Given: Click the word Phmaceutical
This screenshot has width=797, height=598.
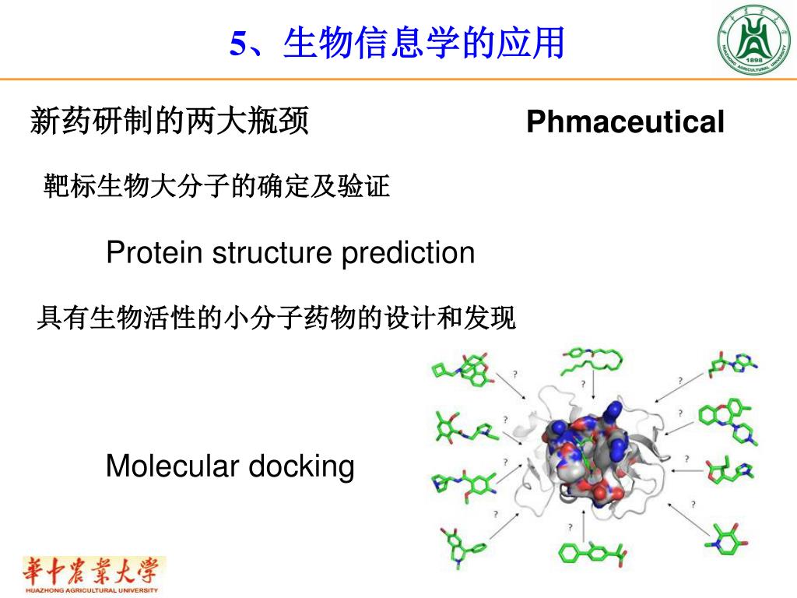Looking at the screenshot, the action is pos(625,123).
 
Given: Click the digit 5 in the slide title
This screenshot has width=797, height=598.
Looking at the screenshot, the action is pos(238,44).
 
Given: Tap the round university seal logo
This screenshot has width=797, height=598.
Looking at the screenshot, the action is pos(752,39).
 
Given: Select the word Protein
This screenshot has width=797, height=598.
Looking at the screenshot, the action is pos(153,253).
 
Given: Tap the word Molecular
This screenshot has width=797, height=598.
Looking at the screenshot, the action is pos(173,466).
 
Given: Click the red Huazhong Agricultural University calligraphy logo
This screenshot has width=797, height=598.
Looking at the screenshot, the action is pos(93,574).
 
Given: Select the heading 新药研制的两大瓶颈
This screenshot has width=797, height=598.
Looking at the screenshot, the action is pos(170,122).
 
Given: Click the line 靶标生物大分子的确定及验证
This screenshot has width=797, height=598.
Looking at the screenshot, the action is pos(216,187).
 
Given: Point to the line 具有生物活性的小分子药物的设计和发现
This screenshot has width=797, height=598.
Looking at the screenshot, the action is pos(276,318).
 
